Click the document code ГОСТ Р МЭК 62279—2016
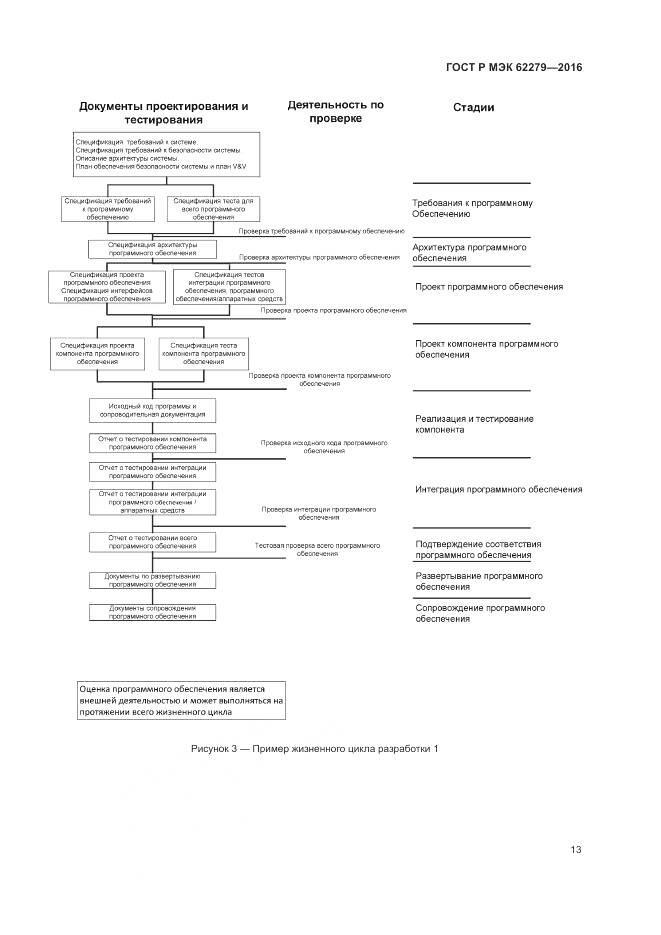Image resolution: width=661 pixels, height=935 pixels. point(513,68)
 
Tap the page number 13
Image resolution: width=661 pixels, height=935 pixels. point(576,850)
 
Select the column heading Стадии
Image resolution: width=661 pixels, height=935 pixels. point(473,108)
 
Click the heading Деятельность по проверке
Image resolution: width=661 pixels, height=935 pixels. point(335,111)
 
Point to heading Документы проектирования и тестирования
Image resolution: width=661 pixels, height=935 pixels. point(163,113)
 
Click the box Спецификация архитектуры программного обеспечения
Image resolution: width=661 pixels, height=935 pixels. point(152,249)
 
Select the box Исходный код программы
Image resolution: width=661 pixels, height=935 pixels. point(152,410)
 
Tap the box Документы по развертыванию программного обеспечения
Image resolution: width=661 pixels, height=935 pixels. point(152,580)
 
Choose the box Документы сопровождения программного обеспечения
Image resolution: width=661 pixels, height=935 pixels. point(152,612)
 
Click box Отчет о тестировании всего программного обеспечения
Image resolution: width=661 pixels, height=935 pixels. point(152,542)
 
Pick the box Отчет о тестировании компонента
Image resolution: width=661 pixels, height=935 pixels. point(152,443)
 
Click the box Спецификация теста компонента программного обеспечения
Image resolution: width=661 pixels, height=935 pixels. point(203,354)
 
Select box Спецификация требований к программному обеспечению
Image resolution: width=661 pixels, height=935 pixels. point(107,208)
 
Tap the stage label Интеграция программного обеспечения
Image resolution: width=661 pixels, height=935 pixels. point(498,490)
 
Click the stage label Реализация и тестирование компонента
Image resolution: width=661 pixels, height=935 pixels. point(474,423)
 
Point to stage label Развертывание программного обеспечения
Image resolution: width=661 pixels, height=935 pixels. point(479,581)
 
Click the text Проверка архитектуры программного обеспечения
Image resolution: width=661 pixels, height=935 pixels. point(320,258)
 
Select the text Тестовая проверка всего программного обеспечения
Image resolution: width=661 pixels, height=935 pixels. point(317,549)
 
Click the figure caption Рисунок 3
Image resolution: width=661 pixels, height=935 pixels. point(314,749)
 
